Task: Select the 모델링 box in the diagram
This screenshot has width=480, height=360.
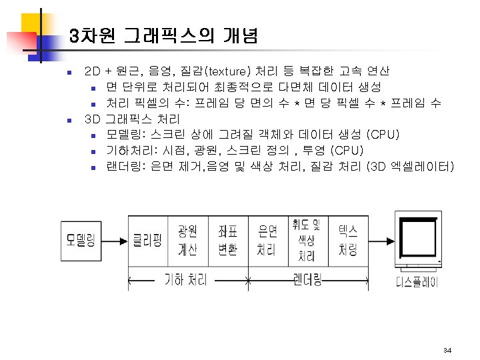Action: click(83, 239)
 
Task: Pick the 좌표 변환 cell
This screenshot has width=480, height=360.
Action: click(227, 240)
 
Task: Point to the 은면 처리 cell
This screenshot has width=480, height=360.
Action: click(267, 240)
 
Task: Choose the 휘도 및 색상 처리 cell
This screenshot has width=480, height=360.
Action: click(307, 239)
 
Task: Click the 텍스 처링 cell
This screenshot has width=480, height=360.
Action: click(347, 240)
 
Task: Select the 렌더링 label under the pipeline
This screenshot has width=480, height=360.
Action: click(307, 279)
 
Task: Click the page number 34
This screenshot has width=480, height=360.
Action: click(447, 350)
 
